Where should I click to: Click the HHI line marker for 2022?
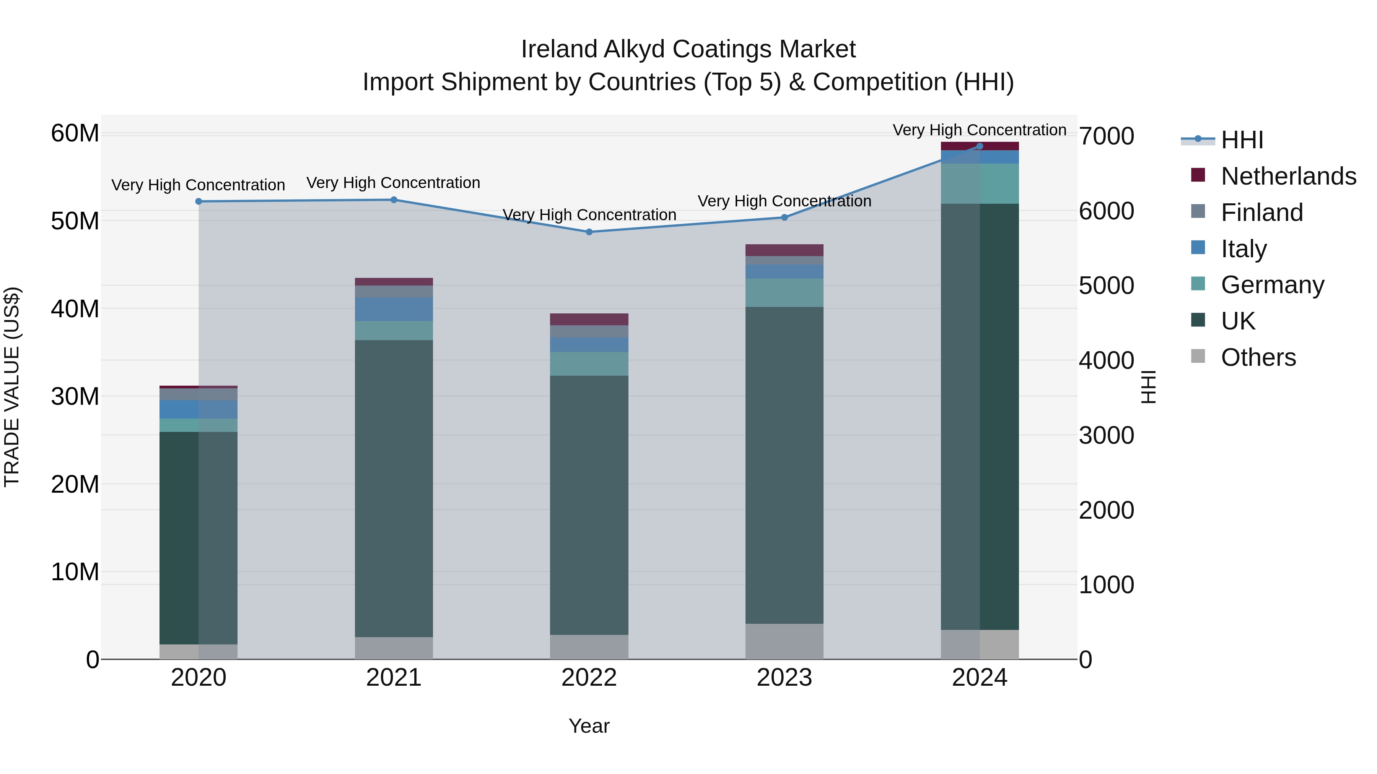click(589, 232)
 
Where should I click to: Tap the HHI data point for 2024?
click(979, 146)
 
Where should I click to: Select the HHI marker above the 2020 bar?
click(198, 201)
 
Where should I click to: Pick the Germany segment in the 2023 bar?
click(784, 293)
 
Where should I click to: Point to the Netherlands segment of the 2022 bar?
click(589, 320)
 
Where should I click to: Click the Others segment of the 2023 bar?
click(784, 641)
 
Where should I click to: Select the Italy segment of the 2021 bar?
click(394, 309)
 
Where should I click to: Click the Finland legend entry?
click(1261, 213)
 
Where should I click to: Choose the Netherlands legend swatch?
click(1198, 175)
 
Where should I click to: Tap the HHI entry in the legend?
click(1241, 140)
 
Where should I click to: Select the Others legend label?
click(1258, 357)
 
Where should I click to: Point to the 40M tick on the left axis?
click(75, 309)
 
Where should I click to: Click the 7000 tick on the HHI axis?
click(1106, 136)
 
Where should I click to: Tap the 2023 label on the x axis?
click(784, 678)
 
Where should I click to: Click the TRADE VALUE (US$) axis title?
click(12, 387)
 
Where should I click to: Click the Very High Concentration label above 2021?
click(394, 183)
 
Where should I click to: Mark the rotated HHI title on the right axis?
click(1148, 387)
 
